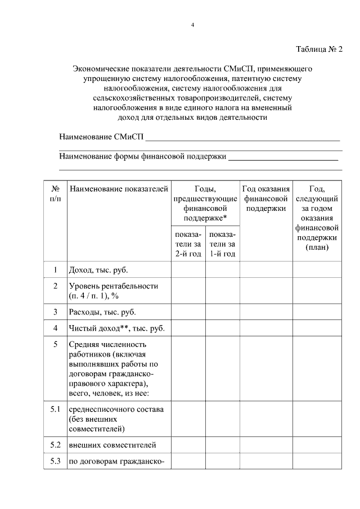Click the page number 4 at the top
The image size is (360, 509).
[x=192, y=25]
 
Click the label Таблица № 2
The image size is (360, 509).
[x=319, y=49]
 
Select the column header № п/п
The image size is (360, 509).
[x=55, y=193]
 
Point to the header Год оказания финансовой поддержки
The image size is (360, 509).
[x=265, y=199]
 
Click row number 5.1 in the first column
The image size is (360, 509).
[x=55, y=409]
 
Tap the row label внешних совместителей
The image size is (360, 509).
[x=112, y=445]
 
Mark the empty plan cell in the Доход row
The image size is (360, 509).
[x=317, y=270]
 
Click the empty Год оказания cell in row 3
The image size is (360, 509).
[x=265, y=312]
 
